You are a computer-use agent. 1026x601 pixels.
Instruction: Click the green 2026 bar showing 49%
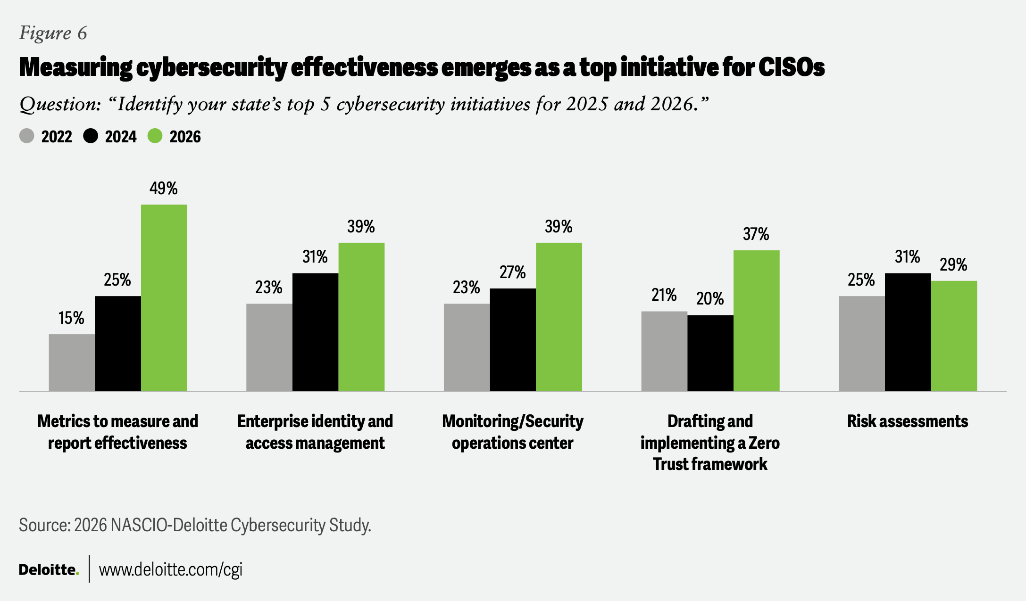(x=164, y=298)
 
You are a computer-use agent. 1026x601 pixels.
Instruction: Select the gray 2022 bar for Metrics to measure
(x=72, y=362)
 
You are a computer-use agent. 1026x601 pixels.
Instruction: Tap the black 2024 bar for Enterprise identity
(x=315, y=332)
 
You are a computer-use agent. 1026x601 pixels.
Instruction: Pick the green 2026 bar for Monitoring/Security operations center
(x=559, y=317)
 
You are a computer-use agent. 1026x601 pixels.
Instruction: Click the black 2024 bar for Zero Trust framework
(x=710, y=353)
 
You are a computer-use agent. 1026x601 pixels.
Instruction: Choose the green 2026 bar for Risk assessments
(x=954, y=336)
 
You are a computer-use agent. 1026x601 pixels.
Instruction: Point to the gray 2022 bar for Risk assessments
(x=862, y=344)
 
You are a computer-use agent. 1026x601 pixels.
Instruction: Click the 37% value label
(x=756, y=234)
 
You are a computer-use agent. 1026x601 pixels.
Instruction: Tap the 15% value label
(x=71, y=318)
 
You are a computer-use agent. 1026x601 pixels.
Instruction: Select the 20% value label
(x=710, y=298)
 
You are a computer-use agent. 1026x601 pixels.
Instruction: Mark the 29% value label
(x=953, y=265)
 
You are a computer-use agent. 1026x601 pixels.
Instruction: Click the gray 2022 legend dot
(x=27, y=136)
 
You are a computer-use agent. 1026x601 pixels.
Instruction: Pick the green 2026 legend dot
(x=155, y=136)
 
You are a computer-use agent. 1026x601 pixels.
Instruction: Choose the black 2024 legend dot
(x=91, y=136)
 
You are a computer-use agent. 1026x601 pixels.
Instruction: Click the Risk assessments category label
(x=908, y=421)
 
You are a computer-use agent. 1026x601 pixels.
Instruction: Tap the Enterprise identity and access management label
(x=315, y=432)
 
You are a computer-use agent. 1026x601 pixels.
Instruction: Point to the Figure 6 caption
(x=53, y=33)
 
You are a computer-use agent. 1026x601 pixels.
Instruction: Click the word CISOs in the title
(x=792, y=67)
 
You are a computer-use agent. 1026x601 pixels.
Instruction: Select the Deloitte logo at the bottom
(x=49, y=569)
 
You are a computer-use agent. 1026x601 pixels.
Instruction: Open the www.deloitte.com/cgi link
(x=171, y=569)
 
